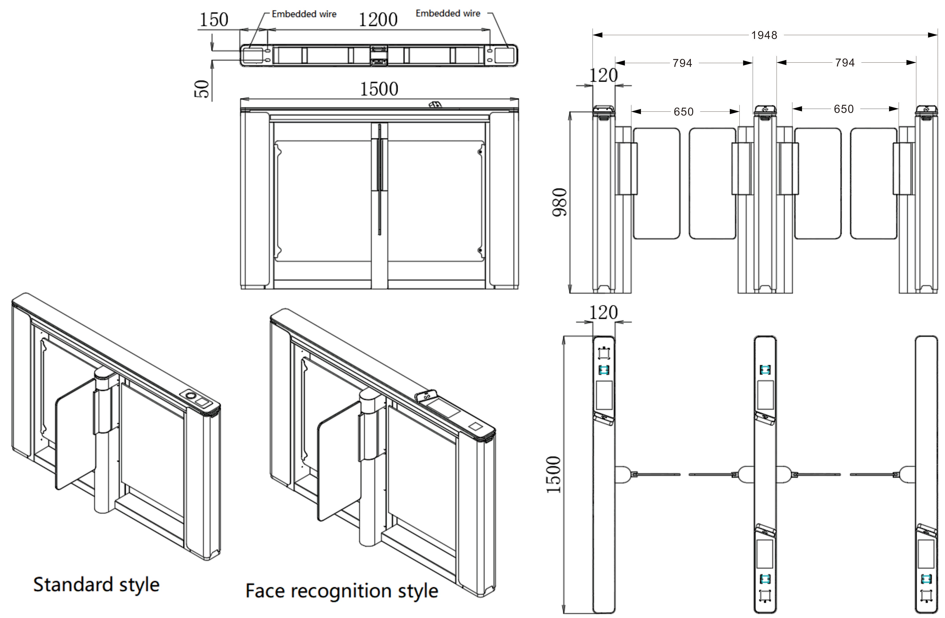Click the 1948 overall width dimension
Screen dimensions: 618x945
764,35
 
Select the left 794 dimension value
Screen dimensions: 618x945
682,63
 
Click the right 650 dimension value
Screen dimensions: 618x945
843,109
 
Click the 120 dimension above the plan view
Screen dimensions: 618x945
603,313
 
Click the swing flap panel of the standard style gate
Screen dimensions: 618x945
75,436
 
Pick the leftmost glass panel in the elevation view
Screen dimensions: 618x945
656,183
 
